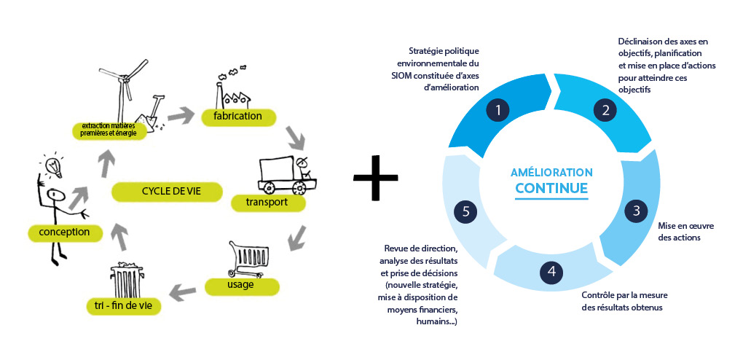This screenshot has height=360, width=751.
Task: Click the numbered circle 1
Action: tap(498, 111)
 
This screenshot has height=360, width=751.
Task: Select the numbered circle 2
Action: tap(605, 111)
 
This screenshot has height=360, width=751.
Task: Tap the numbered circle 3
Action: tap(636, 211)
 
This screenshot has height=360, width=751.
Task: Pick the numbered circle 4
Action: tap(551, 272)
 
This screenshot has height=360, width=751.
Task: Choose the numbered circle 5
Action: tap(465, 211)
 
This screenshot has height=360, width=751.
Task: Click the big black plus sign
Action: tap(376, 177)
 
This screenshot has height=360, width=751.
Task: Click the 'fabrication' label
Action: tap(237, 117)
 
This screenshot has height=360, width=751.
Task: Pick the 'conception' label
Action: tap(65, 232)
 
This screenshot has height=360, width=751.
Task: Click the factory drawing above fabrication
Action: tap(234, 88)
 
